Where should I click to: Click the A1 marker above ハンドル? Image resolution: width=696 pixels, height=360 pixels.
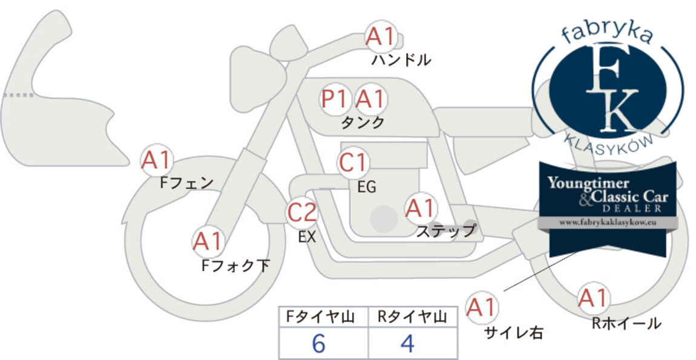coord(381,36)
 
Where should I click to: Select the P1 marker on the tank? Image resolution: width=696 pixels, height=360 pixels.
coord(334,99)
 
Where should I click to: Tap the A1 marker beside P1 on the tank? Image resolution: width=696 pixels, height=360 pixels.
coord(370,99)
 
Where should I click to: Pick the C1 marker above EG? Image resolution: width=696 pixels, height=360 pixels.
coord(353,163)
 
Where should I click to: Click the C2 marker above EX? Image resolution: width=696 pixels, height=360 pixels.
coord(302,212)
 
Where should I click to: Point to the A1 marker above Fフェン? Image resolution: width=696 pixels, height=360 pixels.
coord(156,161)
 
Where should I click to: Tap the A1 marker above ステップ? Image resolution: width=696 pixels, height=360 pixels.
coord(420,209)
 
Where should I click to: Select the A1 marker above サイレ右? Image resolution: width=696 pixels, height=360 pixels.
coord(482,307)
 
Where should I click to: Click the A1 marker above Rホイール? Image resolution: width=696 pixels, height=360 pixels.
coord(593,298)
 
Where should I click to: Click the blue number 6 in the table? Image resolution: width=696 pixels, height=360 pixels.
coord(319,343)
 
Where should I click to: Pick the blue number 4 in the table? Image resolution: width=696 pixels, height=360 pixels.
coord(407,343)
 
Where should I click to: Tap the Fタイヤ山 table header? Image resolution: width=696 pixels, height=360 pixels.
coord(320,316)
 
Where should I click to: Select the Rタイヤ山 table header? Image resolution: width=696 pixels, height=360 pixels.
coord(412,316)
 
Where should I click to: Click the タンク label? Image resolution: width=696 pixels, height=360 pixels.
coord(362,123)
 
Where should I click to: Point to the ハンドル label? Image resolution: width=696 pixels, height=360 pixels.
coord(401,59)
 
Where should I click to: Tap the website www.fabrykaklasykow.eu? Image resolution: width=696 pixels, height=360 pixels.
coord(608,222)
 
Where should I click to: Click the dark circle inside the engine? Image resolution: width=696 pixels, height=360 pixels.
coord(384,218)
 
